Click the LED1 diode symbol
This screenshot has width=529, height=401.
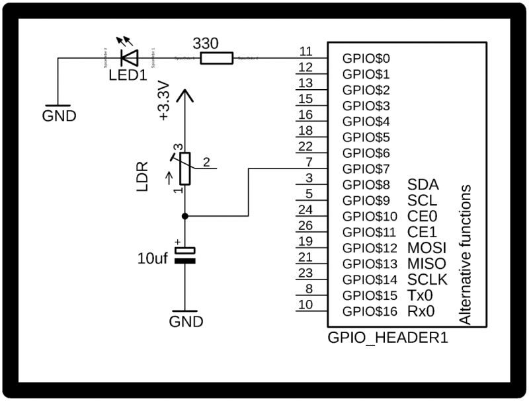tap(128, 58)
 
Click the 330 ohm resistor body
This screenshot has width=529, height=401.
tap(217, 59)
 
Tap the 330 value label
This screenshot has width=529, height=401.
tap(206, 43)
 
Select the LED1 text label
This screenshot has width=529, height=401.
tap(128, 75)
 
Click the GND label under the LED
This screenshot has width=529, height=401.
tap(59, 116)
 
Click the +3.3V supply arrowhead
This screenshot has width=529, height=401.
tap(185, 96)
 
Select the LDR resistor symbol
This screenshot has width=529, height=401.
tap(185, 168)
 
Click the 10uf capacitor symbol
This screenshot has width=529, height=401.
tap(186, 256)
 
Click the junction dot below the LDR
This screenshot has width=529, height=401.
tap(185, 216)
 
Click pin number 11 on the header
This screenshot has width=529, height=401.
tap(305, 52)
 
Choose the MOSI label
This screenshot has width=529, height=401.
tap(427, 248)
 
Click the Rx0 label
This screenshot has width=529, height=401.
tap(421, 311)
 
